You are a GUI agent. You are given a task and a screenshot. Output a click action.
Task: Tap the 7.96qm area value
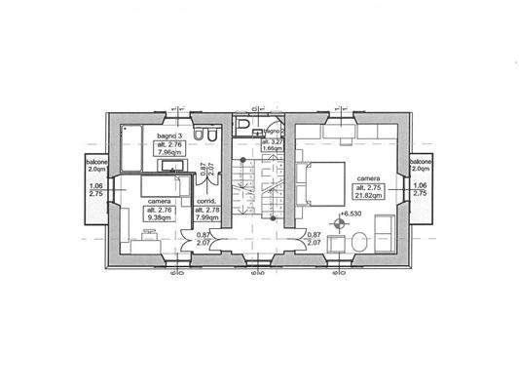(x=158, y=152)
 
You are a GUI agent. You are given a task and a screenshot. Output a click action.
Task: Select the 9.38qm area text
(x=160, y=218)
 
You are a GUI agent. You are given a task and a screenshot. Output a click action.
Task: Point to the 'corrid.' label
(x=206, y=202)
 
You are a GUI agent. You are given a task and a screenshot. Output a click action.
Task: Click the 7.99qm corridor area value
(x=206, y=218)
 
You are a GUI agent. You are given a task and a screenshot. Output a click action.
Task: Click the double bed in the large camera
(x=322, y=182)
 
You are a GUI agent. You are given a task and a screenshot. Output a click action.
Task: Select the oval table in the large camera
(x=356, y=241)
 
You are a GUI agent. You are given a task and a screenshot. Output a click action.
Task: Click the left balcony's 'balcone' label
(x=95, y=162)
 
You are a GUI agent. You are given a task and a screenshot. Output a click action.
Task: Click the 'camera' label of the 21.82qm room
(x=367, y=179)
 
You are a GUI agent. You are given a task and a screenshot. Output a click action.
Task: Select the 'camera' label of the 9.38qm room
(x=160, y=201)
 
